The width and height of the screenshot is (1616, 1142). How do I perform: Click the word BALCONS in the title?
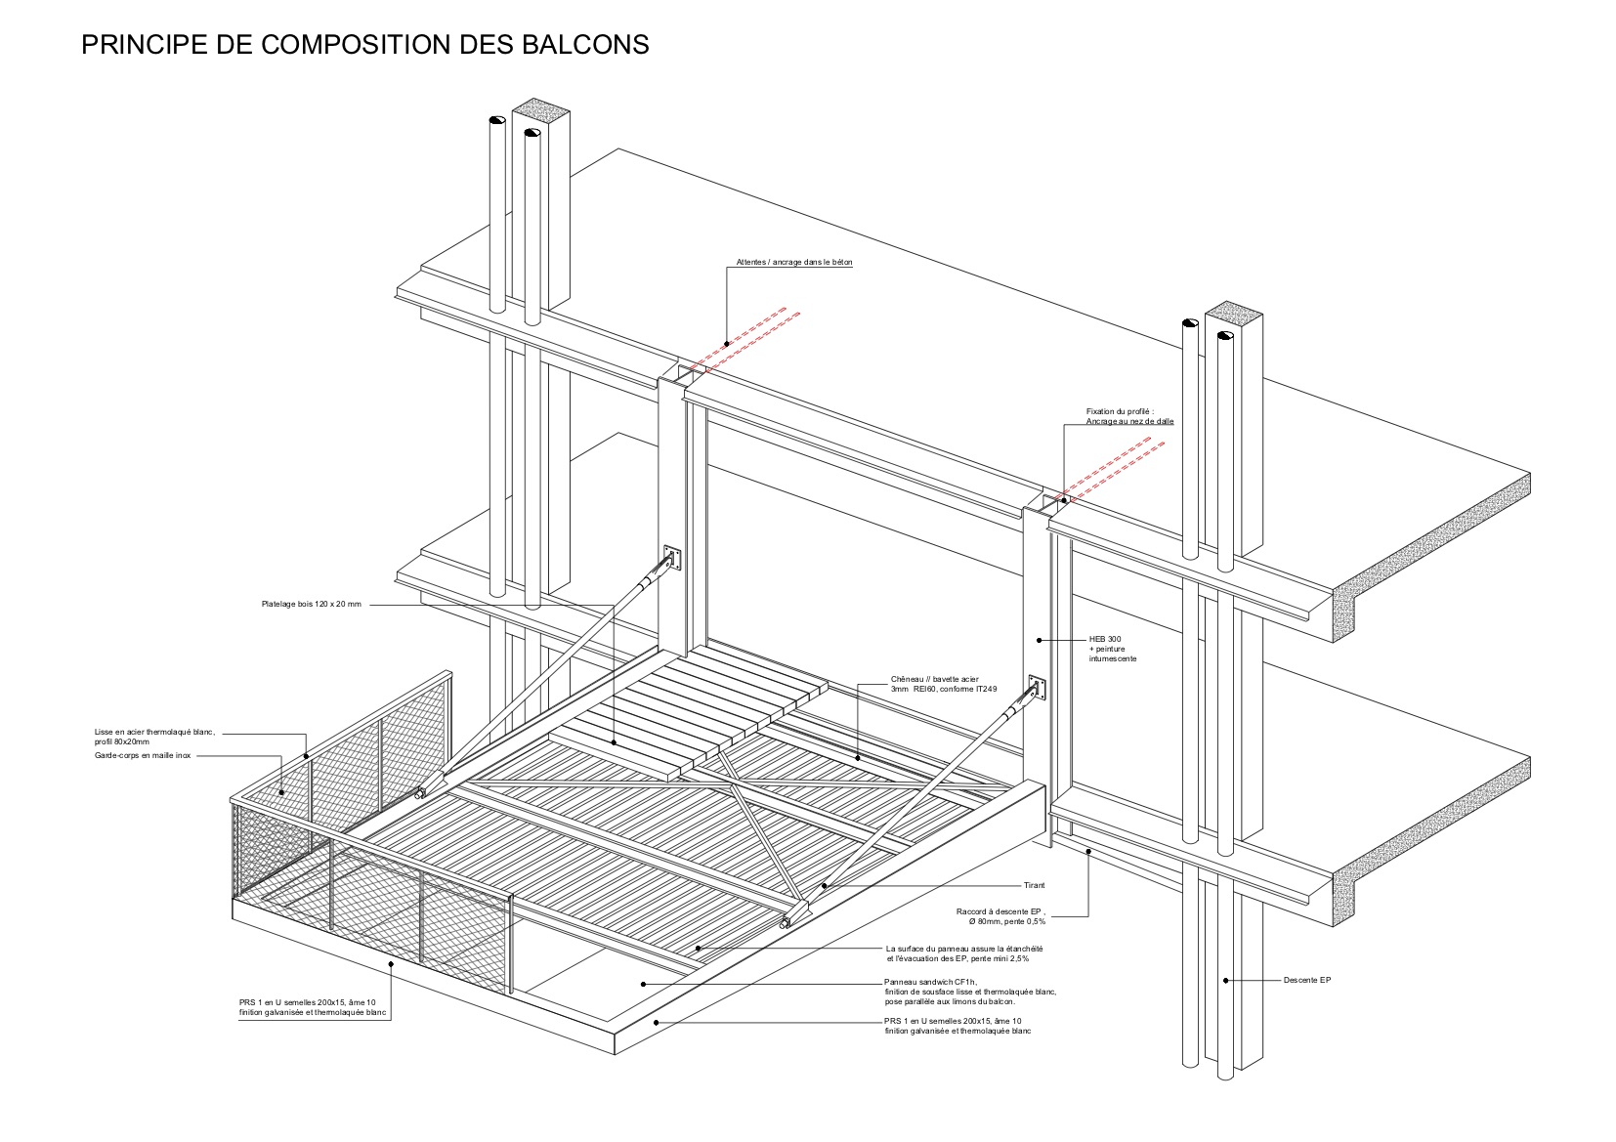590,44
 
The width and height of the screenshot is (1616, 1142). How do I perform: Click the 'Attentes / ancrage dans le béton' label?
794,263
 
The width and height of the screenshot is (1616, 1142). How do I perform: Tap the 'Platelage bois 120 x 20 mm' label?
311,605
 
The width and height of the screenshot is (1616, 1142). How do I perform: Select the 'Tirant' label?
1034,885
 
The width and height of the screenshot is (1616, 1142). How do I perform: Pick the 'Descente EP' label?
1306,980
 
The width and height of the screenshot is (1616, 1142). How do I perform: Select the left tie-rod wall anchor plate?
670,559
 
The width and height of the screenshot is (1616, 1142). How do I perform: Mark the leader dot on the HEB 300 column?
1039,641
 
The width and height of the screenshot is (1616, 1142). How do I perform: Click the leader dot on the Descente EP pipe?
1224,980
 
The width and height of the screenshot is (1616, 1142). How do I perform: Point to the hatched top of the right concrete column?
1233,314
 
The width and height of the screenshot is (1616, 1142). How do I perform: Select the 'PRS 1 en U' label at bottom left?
314,1008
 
